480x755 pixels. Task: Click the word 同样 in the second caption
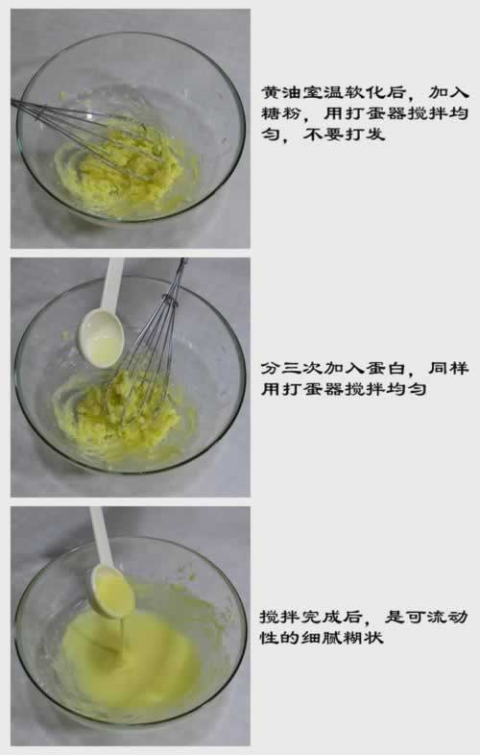point(448,368)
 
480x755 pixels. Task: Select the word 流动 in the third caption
point(447,617)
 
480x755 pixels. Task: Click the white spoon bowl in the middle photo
point(101,337)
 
